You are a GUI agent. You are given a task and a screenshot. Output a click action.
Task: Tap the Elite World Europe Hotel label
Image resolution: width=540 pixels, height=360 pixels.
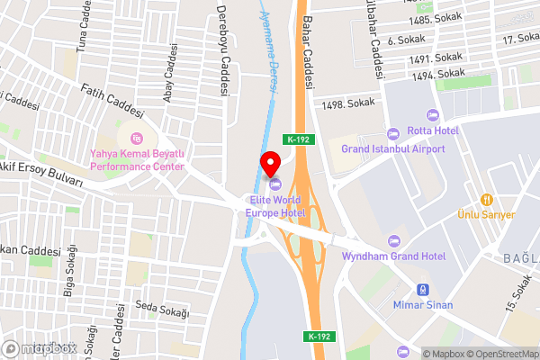pos(275,206)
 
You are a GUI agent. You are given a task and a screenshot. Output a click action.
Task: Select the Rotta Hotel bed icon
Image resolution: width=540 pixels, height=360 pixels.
pos(431,114)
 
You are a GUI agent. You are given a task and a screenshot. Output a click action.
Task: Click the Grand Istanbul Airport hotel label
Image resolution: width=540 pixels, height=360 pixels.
pos(392,148)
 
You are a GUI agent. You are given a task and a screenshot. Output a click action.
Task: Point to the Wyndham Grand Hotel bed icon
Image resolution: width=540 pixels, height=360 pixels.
pos(392,240)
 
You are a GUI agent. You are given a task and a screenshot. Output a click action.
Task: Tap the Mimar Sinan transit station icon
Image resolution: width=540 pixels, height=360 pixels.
pos(421,290)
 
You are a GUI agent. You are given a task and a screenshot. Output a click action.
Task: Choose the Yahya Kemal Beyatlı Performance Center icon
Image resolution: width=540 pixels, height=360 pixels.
pos(137,138)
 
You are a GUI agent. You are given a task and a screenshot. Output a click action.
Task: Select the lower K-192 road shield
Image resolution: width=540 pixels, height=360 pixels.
pos(319,336)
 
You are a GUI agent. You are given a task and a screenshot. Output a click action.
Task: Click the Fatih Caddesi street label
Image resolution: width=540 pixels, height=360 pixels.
pos(112,102)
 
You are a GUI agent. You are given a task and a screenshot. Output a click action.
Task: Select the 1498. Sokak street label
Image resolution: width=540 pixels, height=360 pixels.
pos(346,104)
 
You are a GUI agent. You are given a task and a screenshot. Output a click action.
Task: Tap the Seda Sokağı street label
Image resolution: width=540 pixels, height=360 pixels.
pos(162,311)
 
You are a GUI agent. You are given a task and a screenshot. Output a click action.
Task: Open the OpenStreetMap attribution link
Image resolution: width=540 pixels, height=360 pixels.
pos(500,353)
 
